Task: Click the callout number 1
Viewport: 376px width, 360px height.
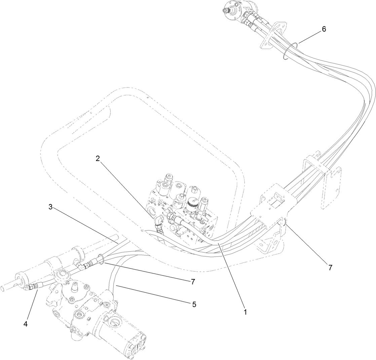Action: [245, 312]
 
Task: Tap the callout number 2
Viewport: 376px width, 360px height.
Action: [98, 159]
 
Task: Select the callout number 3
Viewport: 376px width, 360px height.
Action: [50, 207]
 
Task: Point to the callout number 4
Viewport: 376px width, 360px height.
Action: [25, 325]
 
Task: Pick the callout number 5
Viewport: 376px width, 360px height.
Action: [194, 305]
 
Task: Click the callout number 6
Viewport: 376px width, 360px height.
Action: [324, 29]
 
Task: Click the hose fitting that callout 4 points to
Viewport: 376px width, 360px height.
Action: [33, 286]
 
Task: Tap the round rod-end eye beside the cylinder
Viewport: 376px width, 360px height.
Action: [63, 277]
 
